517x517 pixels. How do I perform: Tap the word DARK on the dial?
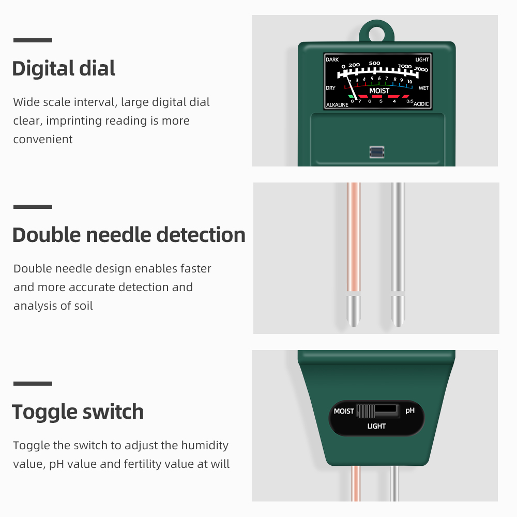click(332, 59)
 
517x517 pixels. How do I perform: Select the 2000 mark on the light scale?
click(421, 69)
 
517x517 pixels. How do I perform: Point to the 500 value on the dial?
click(374, 63)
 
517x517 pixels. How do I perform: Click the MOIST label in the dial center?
click(379, 91)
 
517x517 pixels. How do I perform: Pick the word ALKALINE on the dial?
click(337, 105)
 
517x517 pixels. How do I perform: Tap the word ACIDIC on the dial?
click(421, 104)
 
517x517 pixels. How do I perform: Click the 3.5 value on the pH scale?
click(409, 101)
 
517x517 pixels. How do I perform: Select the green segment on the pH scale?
click(351, 97)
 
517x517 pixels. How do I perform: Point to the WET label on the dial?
click(423, 88)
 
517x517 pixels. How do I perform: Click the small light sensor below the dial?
click(377, 152)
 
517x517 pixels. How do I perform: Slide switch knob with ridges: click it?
click(366, 411)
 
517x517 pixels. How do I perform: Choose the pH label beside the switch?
click(410, 410)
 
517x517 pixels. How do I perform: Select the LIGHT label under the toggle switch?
click(376, 426)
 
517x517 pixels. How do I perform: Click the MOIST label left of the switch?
click(344, 411)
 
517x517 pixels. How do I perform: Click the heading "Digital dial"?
click(64, 68)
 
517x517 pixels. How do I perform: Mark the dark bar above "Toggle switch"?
click(33, 384)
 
